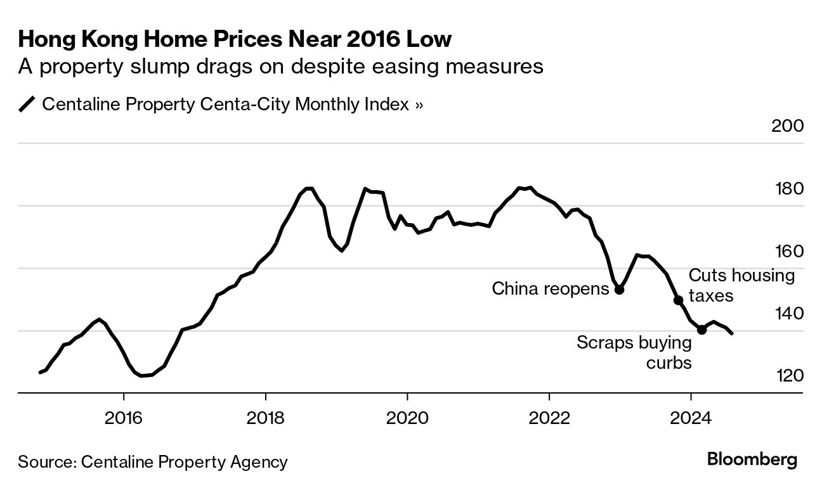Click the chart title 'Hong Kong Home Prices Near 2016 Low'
point(235,40)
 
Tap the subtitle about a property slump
point(280,67)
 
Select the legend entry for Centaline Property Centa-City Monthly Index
point(222,104)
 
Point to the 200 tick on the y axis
point(787,125)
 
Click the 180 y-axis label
point(787,189)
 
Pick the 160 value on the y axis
point(787,252)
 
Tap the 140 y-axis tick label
point(787,314)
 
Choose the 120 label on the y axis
point(787,376)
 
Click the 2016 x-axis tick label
point(124,418)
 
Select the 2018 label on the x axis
point(266,418)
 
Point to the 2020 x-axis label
point(407,418)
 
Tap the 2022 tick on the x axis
point(549,418)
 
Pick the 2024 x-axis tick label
point(691,418)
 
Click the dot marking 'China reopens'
point(620,290)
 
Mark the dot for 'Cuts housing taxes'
point(678,300)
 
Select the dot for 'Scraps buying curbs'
point(701,330)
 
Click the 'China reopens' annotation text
point(550,290)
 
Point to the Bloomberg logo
point(752,460)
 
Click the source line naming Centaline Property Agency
point(153,462)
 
